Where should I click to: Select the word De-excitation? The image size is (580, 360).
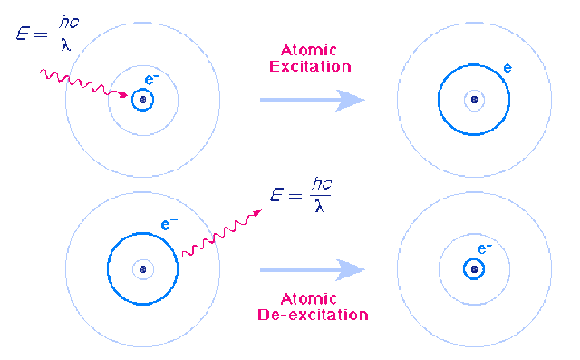click(311, 315)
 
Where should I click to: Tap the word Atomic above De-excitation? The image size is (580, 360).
click(311, 300)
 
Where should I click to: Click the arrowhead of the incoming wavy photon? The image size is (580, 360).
click(125, 95)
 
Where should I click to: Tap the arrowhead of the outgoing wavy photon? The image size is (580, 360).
click(259, 213)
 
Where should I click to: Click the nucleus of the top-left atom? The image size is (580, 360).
click(142, 100)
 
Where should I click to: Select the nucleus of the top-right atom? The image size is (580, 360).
click(472, 100)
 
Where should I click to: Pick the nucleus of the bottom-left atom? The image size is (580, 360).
click(142, 269)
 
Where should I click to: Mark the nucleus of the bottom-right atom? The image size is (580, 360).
click(472, 269)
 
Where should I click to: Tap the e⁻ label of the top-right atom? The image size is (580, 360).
click(513, 66)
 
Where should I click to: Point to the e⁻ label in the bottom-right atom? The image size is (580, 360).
click(485, 248)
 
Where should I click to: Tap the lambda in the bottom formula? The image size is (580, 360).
click(318, 206)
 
